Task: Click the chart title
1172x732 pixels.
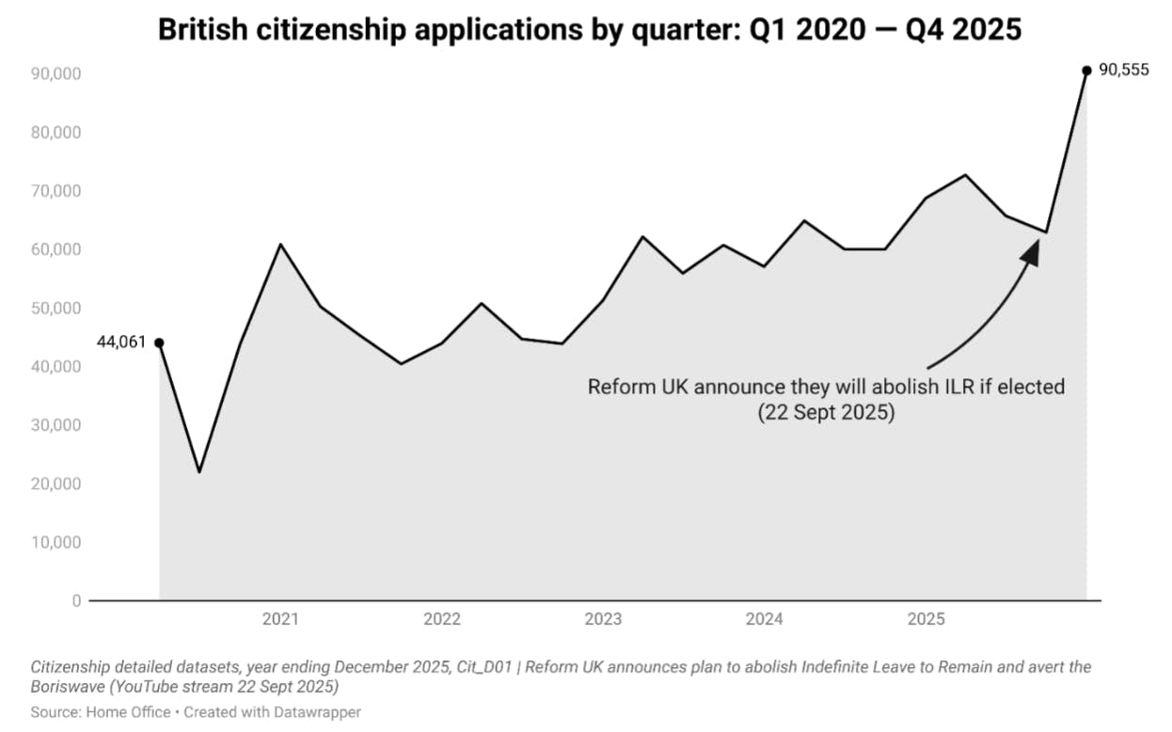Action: point(589,29)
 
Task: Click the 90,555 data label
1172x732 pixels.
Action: point(1123,70)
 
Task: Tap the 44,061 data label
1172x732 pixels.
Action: point(121,342)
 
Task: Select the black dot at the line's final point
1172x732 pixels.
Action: point(1086,70)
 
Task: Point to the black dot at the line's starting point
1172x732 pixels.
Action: point(159,342)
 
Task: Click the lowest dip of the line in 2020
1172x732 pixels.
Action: point(199,471)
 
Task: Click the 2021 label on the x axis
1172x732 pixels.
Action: point(280,619)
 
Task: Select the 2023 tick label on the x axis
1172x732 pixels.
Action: point(603,619)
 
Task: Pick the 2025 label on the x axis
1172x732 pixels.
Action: point(926,619)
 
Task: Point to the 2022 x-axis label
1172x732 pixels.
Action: point(442,619)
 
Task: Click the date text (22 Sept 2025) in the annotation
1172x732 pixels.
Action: point(826,413)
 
